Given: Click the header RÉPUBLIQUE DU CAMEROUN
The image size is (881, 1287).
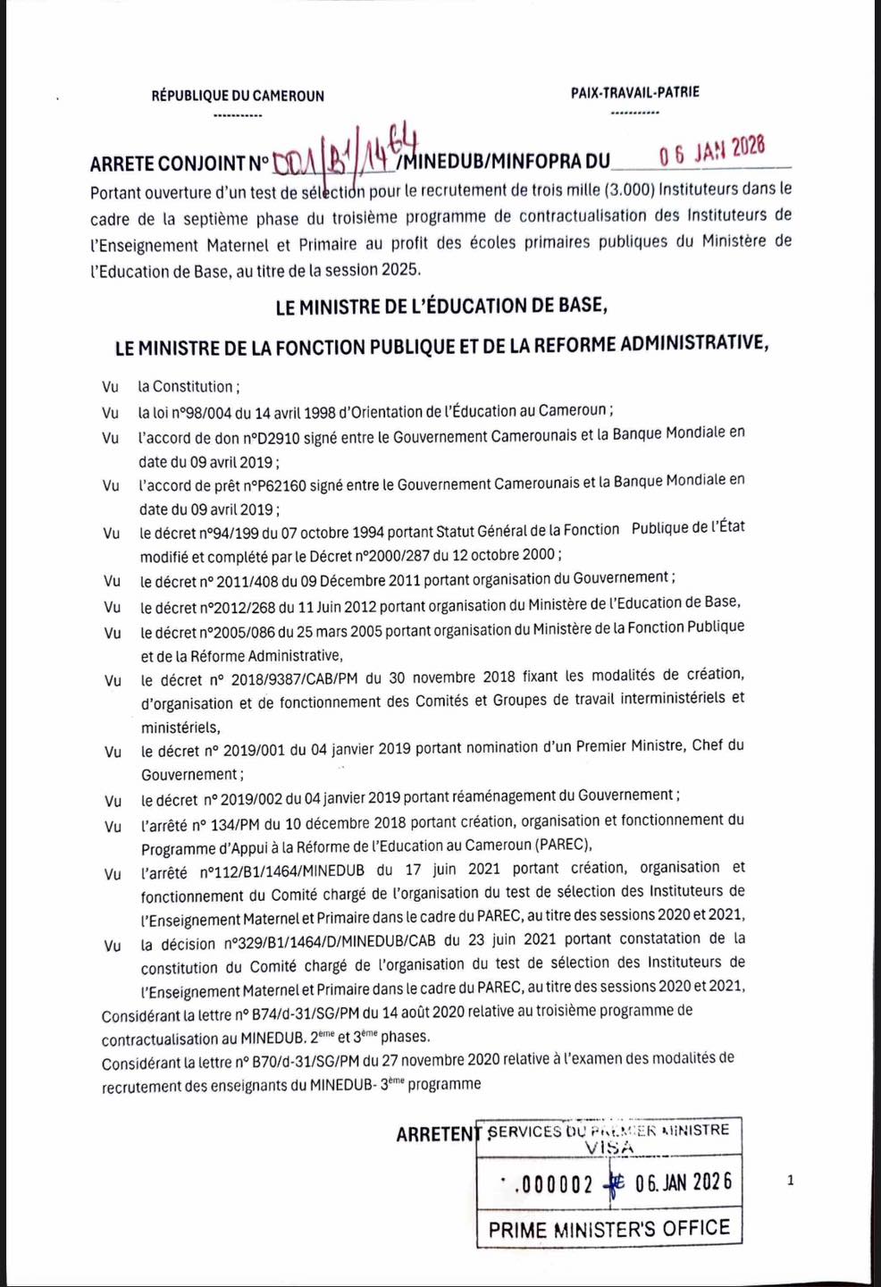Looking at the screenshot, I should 238,96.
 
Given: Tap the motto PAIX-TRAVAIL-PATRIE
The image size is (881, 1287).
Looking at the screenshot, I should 634,92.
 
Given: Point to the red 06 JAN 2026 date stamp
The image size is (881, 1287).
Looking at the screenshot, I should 712,150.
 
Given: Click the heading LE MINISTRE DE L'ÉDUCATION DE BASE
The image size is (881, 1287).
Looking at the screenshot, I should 441,307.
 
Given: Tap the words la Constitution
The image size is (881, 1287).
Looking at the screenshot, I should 185,387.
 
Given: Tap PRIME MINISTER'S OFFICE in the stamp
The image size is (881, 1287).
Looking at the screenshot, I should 608,1229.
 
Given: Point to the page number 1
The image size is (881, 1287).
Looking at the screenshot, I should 790,1181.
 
